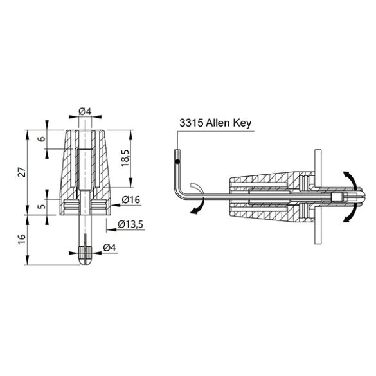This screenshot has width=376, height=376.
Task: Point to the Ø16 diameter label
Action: (x=130, y=201)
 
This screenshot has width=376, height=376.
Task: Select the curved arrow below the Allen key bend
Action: (x=194, y=207)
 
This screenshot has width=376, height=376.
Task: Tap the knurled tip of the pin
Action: (x=85, y=252)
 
